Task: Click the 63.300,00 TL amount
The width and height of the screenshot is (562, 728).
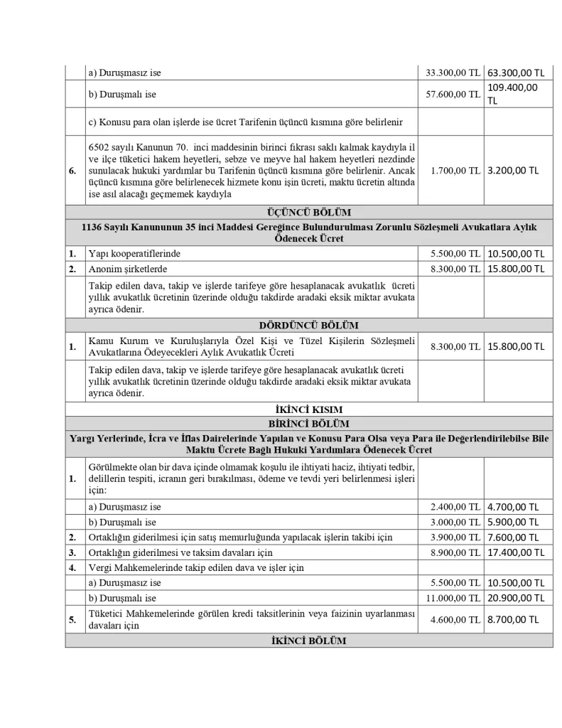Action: pyautogui.click(x=516, y=73)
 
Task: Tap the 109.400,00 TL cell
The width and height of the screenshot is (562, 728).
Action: pyautogui.click(x=512, y=94)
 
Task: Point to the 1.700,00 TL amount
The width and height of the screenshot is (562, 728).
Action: pyautogui.click(x=455, y=171)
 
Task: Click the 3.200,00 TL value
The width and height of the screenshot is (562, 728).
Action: pyautogui.click(x=513, y=171)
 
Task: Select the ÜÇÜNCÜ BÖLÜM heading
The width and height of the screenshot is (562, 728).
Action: pyautogui.click(x=308, y=212)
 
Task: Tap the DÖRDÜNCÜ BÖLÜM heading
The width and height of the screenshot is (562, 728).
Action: pyautogui.click(x=308, y=326)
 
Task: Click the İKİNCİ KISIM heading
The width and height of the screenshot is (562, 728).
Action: pyautogui.click(x=308, y=409)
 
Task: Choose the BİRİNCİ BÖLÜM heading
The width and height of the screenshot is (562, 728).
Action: pyautogui.click(x=308, y=422)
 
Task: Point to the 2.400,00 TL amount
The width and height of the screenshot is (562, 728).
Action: pyautogui.click(x=455, y=508)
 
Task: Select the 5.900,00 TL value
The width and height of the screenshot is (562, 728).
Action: pyautogui.click(x=516, y=523)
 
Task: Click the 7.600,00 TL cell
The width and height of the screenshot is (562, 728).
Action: pyautogui.click(x=516, y=537)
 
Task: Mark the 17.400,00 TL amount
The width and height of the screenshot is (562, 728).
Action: pyautogui.click(x=516, y=552)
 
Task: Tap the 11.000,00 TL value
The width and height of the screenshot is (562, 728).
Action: pyautogui.click(x=453, y=597)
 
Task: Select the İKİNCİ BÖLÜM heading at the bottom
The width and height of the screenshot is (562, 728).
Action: pyautogui.click(x=308, y=641)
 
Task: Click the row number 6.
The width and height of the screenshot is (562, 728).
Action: pyautogui.click(x=73, y=171)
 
